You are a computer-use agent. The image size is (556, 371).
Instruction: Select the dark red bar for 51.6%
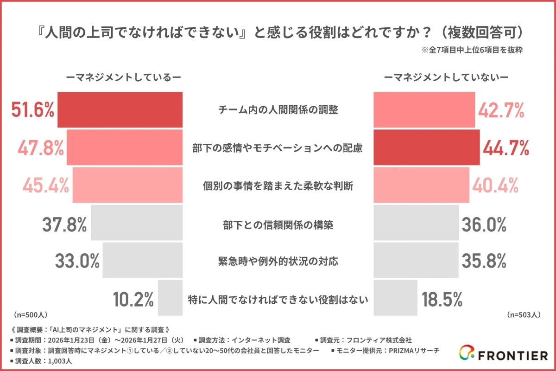pos(120,109)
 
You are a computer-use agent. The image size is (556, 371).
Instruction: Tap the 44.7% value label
pos(506,148)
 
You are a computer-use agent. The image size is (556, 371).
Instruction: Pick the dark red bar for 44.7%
pos(426,147)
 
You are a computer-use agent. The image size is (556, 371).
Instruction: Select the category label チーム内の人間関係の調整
pos(278,110)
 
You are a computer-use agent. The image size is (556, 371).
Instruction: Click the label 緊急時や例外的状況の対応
pos(278,262)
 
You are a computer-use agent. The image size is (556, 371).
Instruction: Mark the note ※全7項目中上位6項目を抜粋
pos(472,51)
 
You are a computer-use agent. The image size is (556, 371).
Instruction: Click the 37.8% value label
pos(64,225)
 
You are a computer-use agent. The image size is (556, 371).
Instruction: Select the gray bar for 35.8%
pos(416,261)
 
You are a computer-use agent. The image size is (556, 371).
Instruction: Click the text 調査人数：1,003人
pos(42,361)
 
